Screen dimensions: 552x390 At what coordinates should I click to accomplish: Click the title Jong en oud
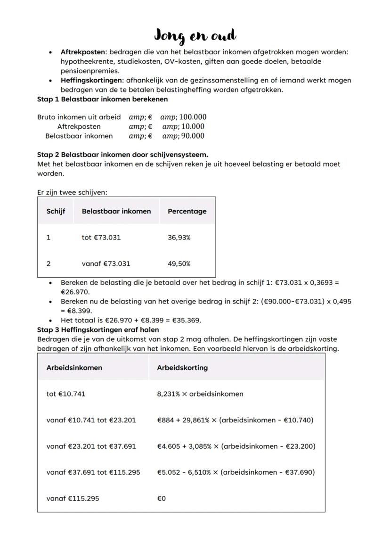click(x=195, y=35)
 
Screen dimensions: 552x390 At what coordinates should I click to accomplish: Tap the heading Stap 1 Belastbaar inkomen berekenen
click(x=102, y=99)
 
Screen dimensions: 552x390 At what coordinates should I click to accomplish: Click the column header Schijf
click(x=56, y=211)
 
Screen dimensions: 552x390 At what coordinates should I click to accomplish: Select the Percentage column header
click(x=187, y=211)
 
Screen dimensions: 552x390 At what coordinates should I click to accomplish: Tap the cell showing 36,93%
click(x=179, y=238)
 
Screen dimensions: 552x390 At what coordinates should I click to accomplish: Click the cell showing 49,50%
click(x=179, y=264)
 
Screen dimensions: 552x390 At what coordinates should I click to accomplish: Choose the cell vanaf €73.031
click(x=106, y=264)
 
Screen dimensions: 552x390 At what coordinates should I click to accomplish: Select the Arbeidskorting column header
click(x=182, y=368)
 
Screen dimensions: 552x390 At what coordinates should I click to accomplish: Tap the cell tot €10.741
click(x=66, y=394)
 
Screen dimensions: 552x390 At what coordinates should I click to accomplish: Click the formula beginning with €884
click(x=235, y=420)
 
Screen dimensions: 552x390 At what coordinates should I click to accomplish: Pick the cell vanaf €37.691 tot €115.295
click(x=93, y=472)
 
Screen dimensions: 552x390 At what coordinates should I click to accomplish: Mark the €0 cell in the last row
click(x=162, y=498)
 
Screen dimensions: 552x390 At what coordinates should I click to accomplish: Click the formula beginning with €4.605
click(x=236, y=446)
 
